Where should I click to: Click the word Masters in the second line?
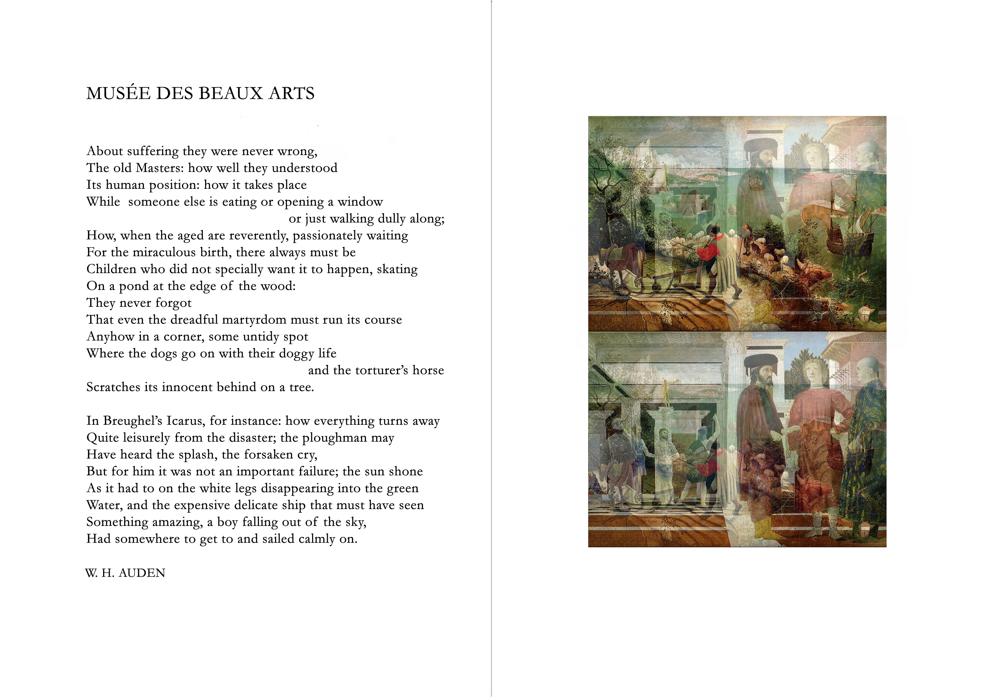159,168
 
